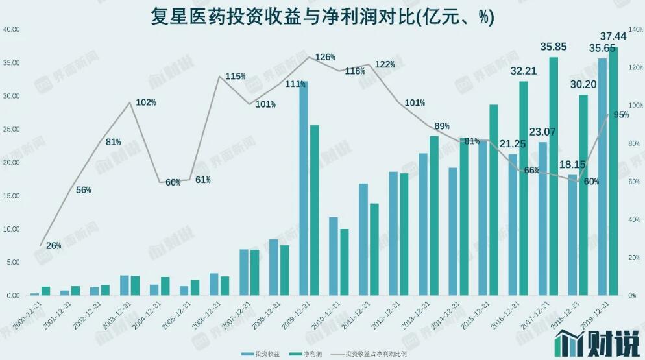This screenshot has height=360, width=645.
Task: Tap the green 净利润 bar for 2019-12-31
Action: (613, 171)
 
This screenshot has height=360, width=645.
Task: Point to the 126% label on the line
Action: (325, 57)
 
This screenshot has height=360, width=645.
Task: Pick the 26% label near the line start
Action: (54, 246)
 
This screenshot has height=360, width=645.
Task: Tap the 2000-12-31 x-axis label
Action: (29, 314)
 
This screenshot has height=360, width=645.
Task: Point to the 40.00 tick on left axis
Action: (12, 29)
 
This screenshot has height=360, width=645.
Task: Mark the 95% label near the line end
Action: (620, 115)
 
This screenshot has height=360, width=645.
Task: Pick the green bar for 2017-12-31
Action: (554, 176)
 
